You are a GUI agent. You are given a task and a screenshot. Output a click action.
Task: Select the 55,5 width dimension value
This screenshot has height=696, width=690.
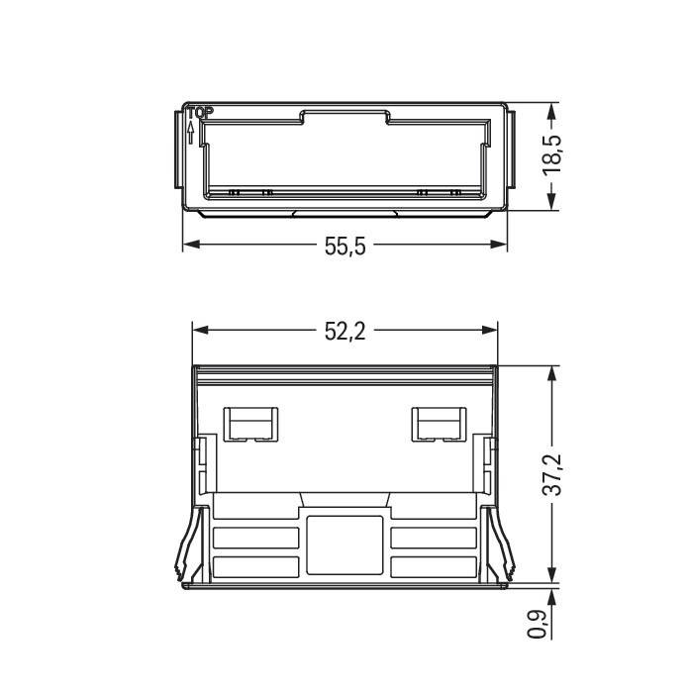[345, 246]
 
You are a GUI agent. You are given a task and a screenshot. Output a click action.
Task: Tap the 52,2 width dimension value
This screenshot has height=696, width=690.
[345, 332]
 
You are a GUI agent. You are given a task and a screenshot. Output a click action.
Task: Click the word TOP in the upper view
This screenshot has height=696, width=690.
[200, 113]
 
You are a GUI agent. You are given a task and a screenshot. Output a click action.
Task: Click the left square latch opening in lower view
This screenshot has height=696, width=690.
[252, 424]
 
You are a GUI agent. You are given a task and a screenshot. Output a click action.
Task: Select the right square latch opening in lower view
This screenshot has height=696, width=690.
[437, 424]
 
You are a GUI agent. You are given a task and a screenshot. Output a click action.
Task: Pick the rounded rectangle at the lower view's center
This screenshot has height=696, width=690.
[345, 544]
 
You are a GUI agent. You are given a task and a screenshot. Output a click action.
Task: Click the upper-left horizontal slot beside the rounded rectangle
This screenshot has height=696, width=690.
[256, 538]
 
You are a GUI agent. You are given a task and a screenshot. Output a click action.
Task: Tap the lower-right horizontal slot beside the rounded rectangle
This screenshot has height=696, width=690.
[434, 567]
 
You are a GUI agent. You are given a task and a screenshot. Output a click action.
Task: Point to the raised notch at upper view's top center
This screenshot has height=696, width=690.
[345, 117]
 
